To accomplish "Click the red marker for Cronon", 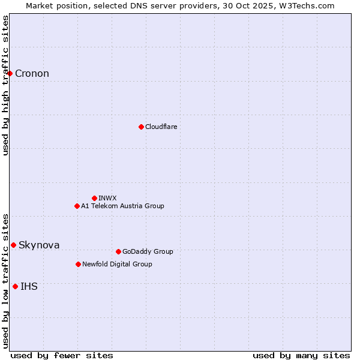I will [10, 73].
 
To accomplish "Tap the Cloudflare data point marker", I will [141, 127].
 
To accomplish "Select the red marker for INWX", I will [94, 198].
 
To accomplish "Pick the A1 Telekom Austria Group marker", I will [77, 206].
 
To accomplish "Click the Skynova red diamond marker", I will [13, 245].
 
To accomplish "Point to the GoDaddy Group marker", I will [118, 251].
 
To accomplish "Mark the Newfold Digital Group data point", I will [78, 264].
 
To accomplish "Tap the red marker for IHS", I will [15, 286].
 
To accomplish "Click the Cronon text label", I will [32, 74].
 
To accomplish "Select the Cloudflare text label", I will [161, 127].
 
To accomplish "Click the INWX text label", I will [107, 198].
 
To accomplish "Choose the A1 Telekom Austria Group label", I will [122, 206].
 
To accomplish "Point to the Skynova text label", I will [39, 245].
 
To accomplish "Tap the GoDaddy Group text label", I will [148, 251].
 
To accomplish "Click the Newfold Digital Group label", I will [117, 264].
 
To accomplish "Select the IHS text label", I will [29, 287].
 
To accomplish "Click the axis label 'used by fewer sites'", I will [62, 355].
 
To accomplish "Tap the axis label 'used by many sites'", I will [301, 355].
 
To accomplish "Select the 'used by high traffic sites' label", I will [6, 85].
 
